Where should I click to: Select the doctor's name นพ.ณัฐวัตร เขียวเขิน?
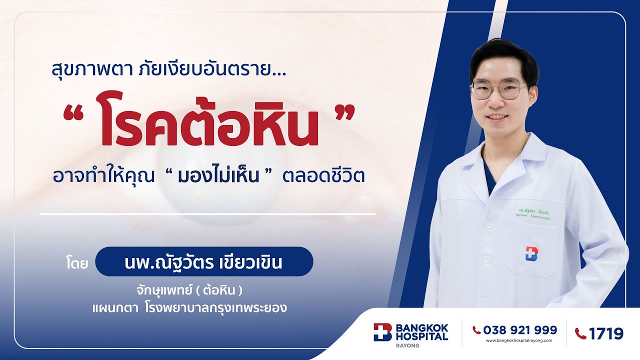[x=203, y=262]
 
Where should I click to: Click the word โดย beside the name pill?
[x=76, y=262]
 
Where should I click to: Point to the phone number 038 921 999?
[x=520, y=330]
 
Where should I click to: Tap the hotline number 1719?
[x=606, y=333]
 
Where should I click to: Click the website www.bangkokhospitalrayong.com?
[x=519, y=340]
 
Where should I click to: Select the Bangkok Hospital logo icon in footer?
[x=382, y=332]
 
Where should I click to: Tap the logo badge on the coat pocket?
[x=531, y=253]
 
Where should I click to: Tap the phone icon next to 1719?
[x=580, y=333]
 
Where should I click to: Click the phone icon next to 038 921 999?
[x=476, y=330]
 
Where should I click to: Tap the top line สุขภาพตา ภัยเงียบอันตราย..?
[x=168, y=69]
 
